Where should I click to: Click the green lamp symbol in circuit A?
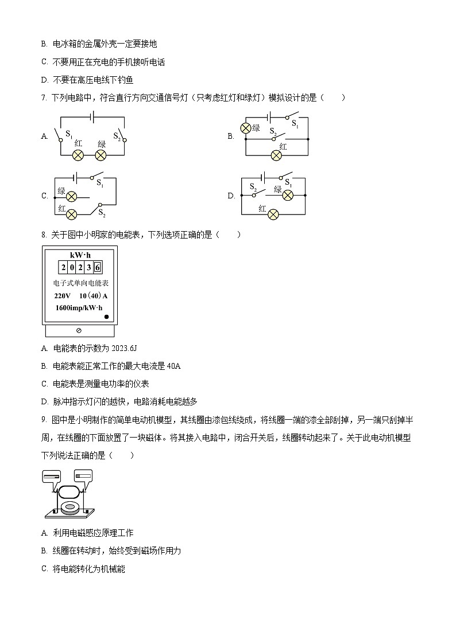[x=101, y=155]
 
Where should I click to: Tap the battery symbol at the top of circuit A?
[x=90, y=117]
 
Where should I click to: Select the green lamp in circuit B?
[x=246, y=128]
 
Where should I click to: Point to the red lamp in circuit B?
[x=276, y=155]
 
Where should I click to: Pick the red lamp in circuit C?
[x=72, y=214]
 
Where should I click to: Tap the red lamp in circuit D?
[x=273, y=214]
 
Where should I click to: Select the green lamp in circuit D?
[x=288, y=196]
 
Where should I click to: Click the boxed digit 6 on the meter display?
[x=98, y=267]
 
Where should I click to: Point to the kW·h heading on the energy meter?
[x=80, y=255]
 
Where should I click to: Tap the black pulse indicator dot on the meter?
[x=106, y=317]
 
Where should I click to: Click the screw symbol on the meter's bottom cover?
[x=79, y=331]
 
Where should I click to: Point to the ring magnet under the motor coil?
[x=72, y=508]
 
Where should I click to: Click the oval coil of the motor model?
[x=69, y=492]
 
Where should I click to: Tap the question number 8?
[x=44, y=235]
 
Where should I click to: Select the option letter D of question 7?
[x=231, y=196]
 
